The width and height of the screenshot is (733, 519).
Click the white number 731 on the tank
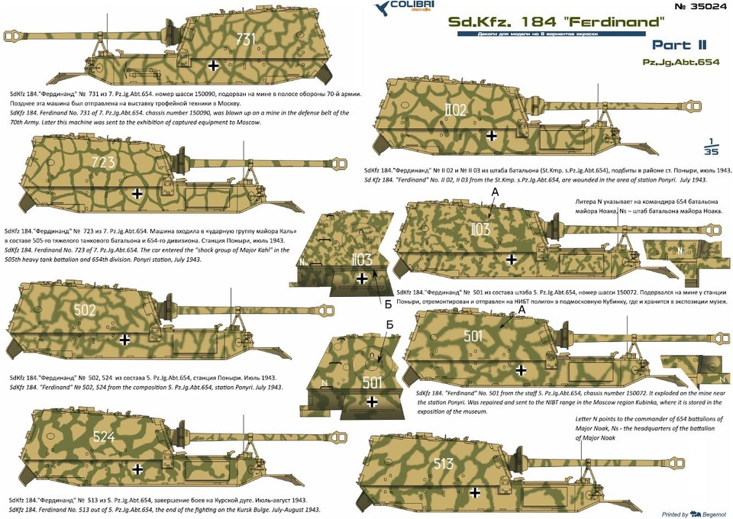[x=245, y=38]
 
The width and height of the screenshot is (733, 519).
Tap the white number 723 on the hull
[x=103, y=162]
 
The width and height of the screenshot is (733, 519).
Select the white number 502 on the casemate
[x=85, y=310]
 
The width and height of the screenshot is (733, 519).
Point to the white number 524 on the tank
[x=104, y=437]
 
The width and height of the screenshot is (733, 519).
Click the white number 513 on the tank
[x=443, y=463]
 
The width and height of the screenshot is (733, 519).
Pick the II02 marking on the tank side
[x=455, y=110]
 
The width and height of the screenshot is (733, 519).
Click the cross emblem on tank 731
[x=213, y=66]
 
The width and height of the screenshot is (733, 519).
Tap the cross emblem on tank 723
[x=137, y=193]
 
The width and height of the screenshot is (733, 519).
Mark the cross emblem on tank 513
[x=475, y=492]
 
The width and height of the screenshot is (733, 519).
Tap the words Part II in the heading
[x=679, y=45]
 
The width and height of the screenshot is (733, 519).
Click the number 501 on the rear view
[x=373, y=382]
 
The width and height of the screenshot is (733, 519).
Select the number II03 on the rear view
[x=361, y=259]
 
